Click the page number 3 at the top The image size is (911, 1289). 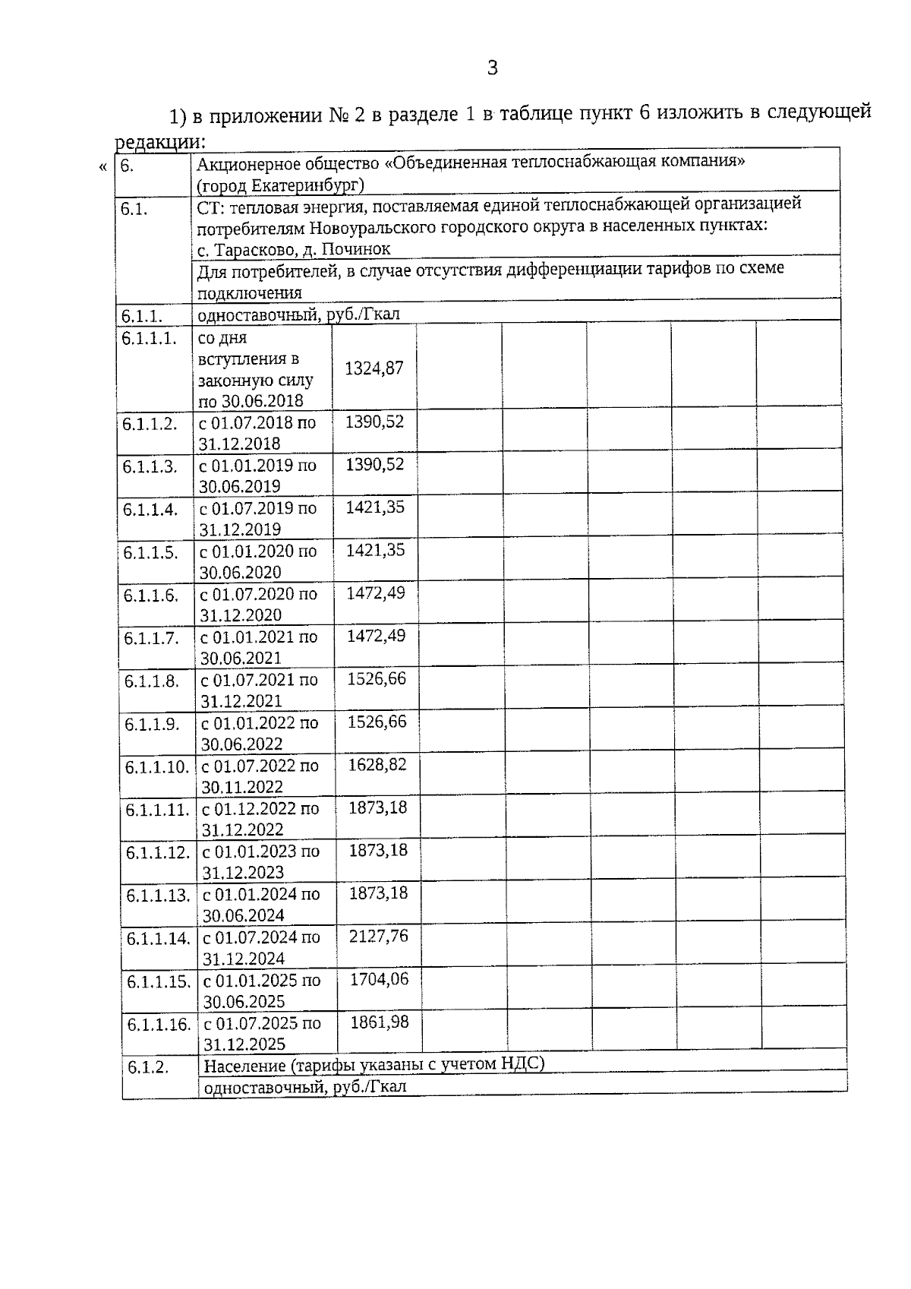pyautogui.click(x=492, y=68)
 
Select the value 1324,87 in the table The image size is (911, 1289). pyautogui.click(x=374, y=368)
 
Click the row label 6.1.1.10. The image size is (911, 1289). pyautogui.click(x=156, y=767)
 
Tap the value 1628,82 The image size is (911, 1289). pyautogui.click(x=377, y=765)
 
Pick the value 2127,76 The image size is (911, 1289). pyautogui.click(x=378, y=937)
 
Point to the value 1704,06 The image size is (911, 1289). pyautogui.click(x=379, y=980)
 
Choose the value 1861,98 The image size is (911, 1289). pyautogui.click(x=379, y=1022)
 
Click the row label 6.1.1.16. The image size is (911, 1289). pyautogui.click(x=159, y=1025)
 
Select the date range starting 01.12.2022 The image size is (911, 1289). pyautogui.click(x=260, y=819)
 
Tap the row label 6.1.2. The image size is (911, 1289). pyautogui.click(x=147, y=1067)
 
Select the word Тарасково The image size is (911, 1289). pyautogui.click(x=253, y=249)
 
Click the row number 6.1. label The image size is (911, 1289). pyautogui.click(x=134, y=210)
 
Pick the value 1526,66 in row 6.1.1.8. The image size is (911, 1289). pyautogui.click(x=377, y=679)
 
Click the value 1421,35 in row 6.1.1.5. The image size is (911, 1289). pyautogui.click(x=375, y=551)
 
